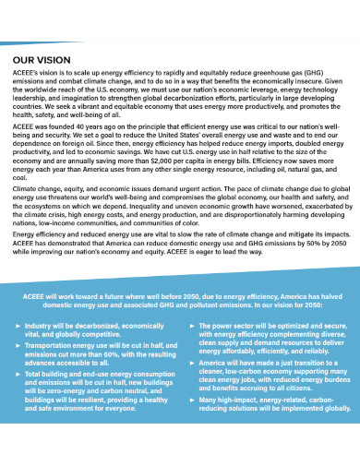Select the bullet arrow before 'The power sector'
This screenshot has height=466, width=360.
pos(191,327)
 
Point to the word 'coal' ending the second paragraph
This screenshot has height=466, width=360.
pos(20,178)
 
